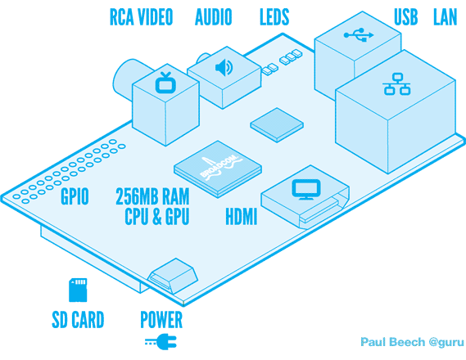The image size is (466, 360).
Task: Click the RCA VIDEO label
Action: coord(141,17)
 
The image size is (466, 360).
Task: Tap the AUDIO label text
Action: coord(214,17)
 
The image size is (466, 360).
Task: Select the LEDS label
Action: coord(274,17)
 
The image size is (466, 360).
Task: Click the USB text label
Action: coord(405,17)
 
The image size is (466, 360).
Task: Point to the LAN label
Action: coord(445,17)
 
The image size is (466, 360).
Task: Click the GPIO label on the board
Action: coord(75,196)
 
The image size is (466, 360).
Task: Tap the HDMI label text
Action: coord(241,216)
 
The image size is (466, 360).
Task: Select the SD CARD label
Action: coord(78,319)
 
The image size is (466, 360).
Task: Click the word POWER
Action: coord(161,319)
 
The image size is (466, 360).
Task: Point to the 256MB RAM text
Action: coord(152,196)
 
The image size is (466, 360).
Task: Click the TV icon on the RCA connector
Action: coord(165,83)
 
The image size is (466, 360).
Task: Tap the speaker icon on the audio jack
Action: coord(224,67)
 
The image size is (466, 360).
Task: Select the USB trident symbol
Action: coord(359,34)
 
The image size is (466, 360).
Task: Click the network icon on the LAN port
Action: coord(396,84)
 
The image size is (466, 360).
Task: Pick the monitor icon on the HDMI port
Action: coord(306,189)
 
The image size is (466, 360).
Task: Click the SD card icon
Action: coord(78,290)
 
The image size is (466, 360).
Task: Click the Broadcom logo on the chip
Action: coord(221,168)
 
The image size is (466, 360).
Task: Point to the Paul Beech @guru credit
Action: coord(412,342)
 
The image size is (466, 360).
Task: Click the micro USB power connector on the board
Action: coord(174,276)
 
